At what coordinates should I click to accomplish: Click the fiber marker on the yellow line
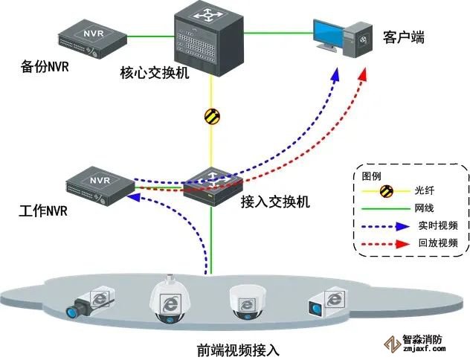[x=211, y=116]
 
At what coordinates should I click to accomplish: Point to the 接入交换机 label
[x=275, y=202]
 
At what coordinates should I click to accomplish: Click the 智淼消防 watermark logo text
[x=422, y=339]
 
